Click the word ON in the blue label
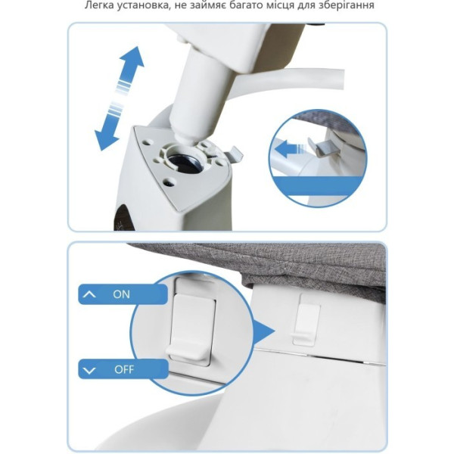121,294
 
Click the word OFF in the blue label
124,369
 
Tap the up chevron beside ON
89,294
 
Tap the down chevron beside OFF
89,370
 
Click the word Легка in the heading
99,5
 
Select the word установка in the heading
142,5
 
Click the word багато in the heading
239,5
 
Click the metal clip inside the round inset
325,147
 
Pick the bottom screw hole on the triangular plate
169,182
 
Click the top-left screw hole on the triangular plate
148,142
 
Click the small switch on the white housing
306,320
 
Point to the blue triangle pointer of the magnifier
264,331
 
